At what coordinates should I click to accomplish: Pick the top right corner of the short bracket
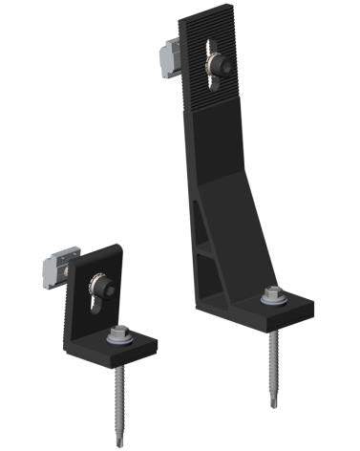119,247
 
